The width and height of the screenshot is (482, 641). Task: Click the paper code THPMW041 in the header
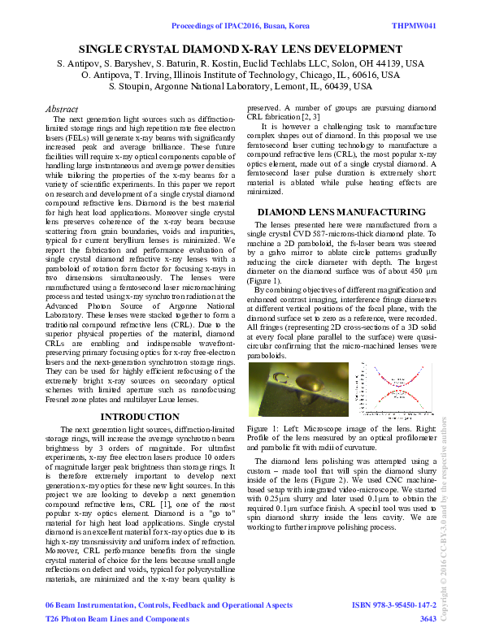click(415, 26)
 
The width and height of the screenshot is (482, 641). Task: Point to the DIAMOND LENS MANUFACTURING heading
click(341, 212)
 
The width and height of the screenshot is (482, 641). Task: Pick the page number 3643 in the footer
click(428, 619)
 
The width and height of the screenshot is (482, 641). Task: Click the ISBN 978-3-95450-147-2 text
click(393, 606)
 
